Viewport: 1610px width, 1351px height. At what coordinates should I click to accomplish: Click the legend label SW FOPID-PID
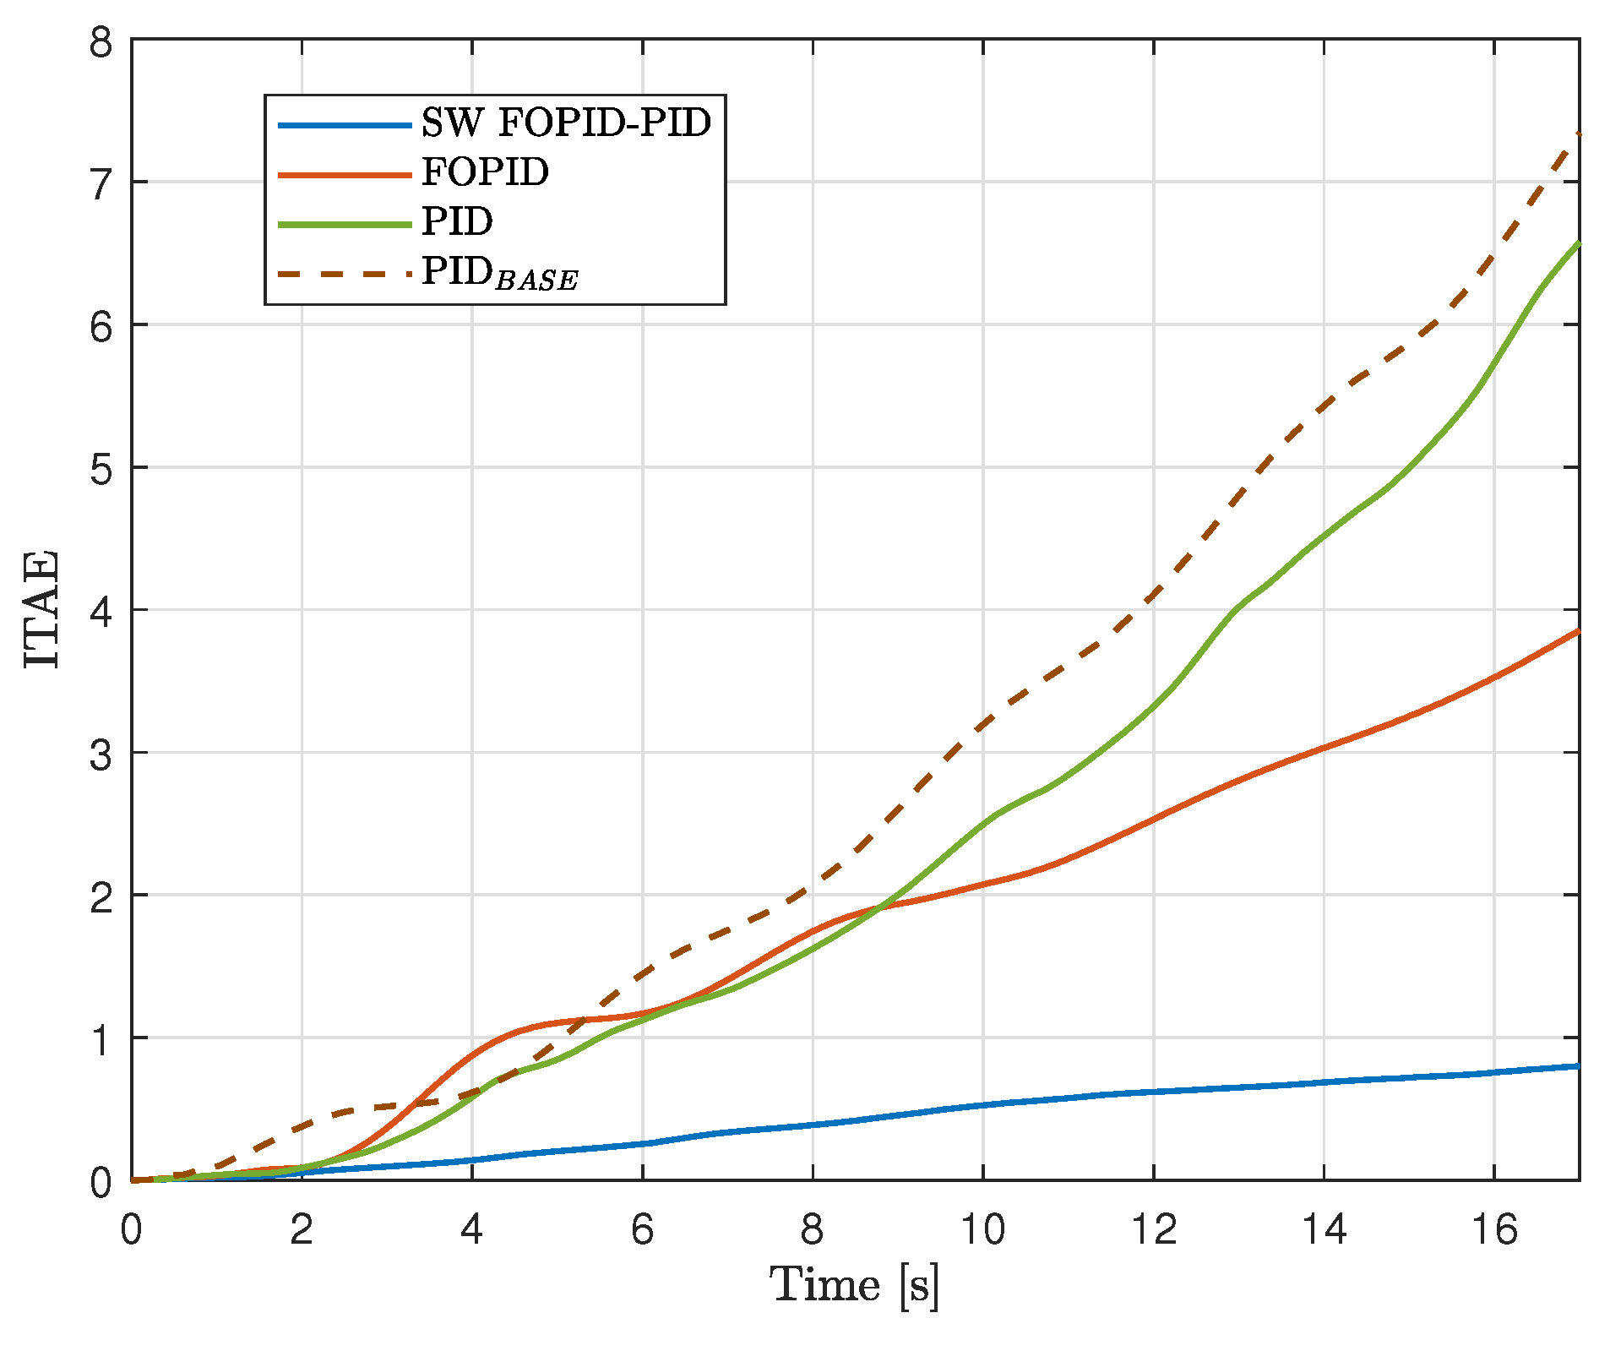point(566,123)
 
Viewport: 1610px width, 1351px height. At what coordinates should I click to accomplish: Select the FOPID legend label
point(485,172)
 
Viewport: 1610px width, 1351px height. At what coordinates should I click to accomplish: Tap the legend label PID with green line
point(457,221)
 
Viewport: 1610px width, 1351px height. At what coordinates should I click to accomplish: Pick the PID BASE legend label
point(500,273)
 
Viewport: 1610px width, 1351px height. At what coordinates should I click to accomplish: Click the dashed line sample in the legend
point(345,273)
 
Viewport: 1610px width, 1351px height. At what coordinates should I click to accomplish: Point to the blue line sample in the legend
point(345,125)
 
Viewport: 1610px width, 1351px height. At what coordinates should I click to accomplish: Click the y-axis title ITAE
point(41,608)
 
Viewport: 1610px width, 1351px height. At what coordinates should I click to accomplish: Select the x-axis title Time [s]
point(855,1286)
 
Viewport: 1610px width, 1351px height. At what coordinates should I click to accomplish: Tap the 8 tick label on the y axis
point(101,41)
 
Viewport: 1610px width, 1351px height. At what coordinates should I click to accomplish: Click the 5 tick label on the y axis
point(101,467)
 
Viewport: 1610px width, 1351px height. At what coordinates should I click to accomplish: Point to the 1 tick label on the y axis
point(101,1038)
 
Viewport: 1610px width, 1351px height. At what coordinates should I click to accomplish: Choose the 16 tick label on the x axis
point(1493,1229)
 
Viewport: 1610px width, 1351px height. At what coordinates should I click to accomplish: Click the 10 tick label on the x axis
point(983,1229)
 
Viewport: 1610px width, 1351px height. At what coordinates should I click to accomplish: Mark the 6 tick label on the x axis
point(642,1229)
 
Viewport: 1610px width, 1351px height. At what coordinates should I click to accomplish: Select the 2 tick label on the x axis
point(302,1229)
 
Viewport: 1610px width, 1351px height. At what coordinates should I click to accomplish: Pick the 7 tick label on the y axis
point(101,182)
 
